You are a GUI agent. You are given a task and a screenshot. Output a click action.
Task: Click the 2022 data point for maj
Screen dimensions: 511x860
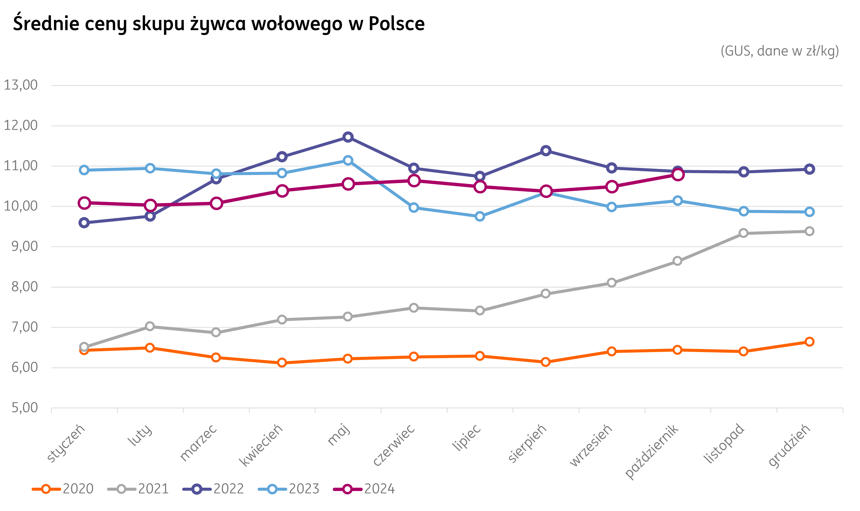[348, 137]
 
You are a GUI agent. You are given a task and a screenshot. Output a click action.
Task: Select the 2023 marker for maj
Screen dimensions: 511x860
[348, 160]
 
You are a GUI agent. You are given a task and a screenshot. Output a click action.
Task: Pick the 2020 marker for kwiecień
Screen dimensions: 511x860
[282, 362]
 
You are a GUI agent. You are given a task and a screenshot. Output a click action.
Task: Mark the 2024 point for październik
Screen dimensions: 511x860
[678, 175]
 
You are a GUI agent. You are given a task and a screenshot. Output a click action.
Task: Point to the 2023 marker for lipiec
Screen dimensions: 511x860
[480, 216]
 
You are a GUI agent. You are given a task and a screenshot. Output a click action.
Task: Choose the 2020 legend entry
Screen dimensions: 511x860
[63, 489]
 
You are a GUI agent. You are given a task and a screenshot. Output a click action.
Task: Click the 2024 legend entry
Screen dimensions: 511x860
[364, 489]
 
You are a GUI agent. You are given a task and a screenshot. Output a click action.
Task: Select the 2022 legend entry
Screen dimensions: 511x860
[213, 489]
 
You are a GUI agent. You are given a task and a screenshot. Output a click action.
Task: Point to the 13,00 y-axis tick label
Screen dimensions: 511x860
[21, 85]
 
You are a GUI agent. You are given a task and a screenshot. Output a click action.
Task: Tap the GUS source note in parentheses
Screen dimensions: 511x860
[780, 51]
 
